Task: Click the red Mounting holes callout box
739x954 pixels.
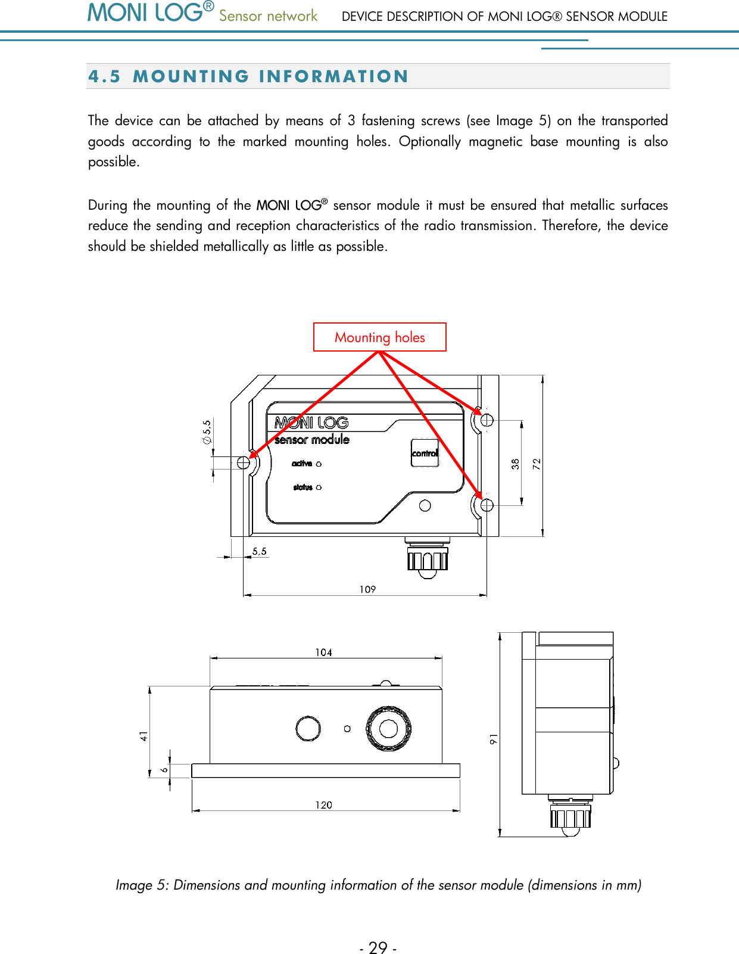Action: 379,337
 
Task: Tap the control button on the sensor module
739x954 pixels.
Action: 425,453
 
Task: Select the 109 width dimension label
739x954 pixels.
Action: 367,589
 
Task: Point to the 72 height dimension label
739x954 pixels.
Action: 537,464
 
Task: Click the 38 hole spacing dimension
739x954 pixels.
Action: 515,464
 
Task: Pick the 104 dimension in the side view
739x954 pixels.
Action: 323,652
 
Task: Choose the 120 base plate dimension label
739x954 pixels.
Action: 323,805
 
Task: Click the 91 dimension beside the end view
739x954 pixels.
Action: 494,739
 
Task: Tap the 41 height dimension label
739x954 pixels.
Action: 144,737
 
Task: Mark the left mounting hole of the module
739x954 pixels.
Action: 244,462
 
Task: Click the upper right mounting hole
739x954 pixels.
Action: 487,419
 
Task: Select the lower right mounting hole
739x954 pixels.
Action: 487,505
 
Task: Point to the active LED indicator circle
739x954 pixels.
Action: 319,464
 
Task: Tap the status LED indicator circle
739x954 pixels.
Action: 319,487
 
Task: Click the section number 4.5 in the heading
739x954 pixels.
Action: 104,76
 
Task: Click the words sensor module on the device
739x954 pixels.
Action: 312,440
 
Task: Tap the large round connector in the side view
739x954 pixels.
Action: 389,728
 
